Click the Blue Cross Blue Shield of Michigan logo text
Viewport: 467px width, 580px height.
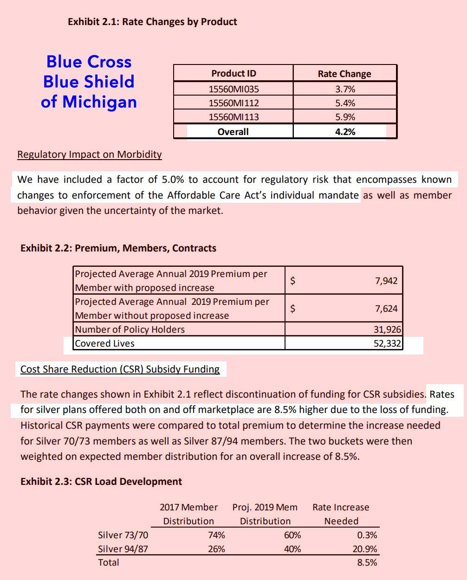[89, 82]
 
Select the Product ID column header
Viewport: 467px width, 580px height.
[233, 73]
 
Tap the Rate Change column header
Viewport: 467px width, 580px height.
[344, 74]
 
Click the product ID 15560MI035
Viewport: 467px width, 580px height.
[233, 89]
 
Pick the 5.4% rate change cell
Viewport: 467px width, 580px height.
[345, 103]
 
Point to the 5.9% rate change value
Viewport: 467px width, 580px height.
[345, 117]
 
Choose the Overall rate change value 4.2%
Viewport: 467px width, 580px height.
[345, 132]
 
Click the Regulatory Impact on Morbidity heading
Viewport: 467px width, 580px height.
[90, 155]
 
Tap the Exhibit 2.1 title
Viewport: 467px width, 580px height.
[152, 22]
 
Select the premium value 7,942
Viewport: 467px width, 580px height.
[386, 281]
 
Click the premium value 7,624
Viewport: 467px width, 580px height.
[386, 309]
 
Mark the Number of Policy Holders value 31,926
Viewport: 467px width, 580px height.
[388, 329]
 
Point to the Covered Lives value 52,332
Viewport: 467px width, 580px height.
[388, 343]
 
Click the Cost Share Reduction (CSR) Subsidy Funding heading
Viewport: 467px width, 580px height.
[120, 369]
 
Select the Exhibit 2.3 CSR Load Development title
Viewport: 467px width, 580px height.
[101, 482]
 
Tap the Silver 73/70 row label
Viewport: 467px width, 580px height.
[123, 535]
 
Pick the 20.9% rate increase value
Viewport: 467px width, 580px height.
[365, 549]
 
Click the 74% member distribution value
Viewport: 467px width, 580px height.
[216, 535]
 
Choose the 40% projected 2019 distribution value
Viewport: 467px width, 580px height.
[292, 549]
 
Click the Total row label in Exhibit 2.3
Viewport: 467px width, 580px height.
[109, 562]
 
